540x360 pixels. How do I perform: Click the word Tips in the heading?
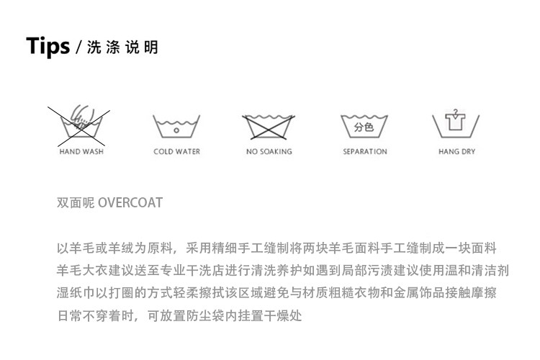[48, 46]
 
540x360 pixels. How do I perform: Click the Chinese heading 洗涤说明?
[122, 48]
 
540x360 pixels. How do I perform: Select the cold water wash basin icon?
[176, 127]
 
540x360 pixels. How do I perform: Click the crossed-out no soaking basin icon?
[269, 127]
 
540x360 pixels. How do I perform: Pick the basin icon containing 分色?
[364, 127]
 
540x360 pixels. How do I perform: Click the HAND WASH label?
[81, 152]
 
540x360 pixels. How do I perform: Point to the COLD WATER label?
[176, 152]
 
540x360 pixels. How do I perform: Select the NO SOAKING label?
[269, 152]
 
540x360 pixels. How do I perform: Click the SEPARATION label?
[364, 152]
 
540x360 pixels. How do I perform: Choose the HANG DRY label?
[456, 152]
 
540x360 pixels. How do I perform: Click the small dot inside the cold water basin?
[176, 130]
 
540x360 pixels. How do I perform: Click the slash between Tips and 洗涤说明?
[80, 48]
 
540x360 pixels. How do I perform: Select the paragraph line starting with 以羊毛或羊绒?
[276, 248]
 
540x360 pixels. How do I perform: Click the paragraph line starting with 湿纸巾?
[276, 294]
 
